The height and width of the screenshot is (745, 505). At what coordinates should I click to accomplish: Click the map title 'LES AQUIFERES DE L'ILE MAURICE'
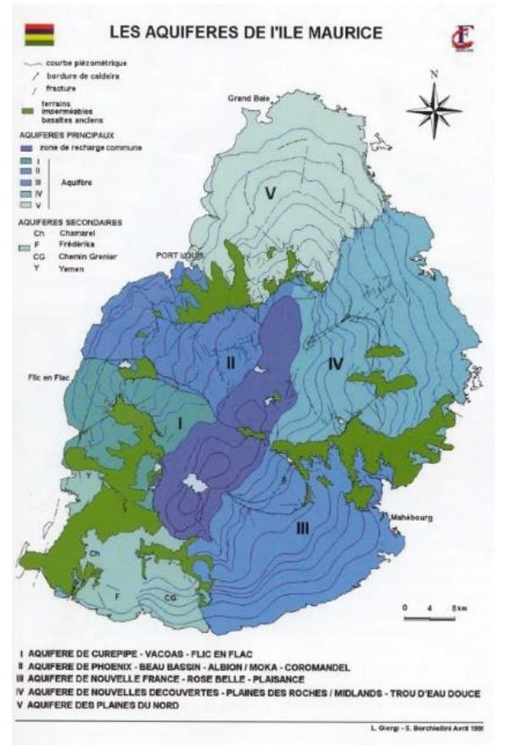(245, 33)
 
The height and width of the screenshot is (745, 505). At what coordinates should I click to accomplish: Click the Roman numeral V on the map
(270, 193)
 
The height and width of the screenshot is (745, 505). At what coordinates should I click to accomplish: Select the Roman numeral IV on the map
(335, 363)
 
